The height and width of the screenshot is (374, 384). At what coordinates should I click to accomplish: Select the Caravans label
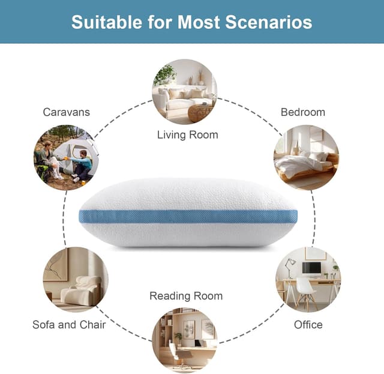pos(67,112)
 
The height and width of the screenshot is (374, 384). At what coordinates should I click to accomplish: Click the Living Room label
pos(188,134)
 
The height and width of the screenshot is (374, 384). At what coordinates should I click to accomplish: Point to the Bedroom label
pos(303,112)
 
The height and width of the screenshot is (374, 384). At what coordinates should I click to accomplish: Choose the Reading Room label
pos(186,296)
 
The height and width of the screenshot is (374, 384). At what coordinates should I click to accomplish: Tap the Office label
pos(308,325)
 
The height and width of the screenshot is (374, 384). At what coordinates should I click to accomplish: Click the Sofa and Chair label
pos(69,325)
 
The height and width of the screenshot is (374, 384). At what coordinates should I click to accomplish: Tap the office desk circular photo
pos(308,279)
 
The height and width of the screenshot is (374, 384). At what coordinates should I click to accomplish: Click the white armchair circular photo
pos(75,279)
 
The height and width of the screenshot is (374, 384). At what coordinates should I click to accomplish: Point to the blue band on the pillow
pos(188,216)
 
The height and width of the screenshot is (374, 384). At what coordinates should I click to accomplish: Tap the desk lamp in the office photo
pos(290,265)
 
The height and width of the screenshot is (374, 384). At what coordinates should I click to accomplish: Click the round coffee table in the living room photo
pos(200,112)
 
